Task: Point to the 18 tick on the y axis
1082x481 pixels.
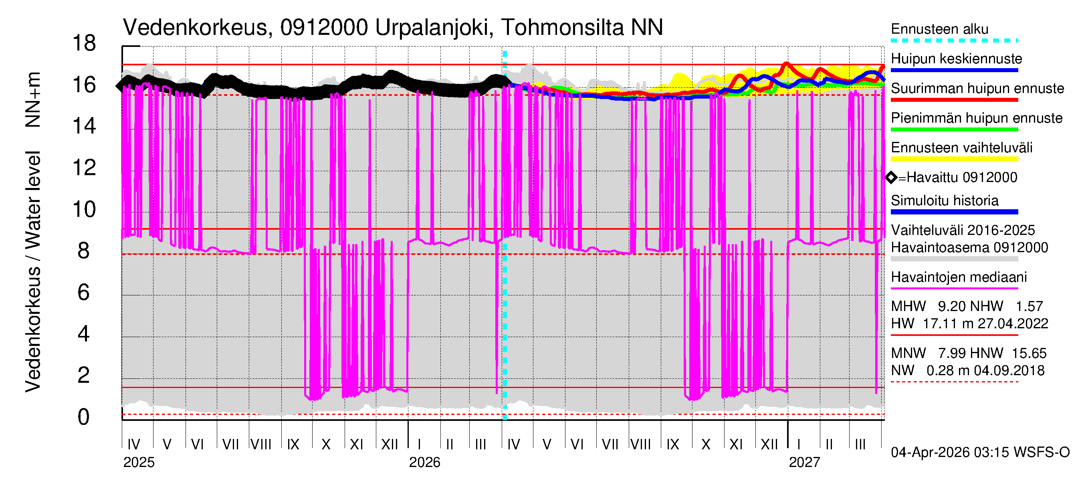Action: (84, 43)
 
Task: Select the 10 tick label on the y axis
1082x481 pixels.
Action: (84, 209)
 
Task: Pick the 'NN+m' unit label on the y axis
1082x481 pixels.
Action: (33, 99)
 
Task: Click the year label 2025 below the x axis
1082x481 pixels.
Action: (139, 462)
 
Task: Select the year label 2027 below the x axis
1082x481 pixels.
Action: (804, 462)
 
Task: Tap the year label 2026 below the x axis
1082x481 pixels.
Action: (424, 462)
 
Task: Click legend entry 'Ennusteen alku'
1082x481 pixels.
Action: (939, 29)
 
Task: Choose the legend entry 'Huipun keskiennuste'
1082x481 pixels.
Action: (956, 59)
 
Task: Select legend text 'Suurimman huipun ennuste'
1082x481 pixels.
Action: (977, 88)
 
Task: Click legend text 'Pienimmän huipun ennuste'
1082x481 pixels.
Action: (976, 118)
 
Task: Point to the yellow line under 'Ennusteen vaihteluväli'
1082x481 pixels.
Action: (954, 159)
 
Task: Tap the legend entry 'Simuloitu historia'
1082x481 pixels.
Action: (944, 200)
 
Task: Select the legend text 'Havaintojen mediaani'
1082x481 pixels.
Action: (959, 277)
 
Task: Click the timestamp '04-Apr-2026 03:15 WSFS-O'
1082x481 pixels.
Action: (980, 452)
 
